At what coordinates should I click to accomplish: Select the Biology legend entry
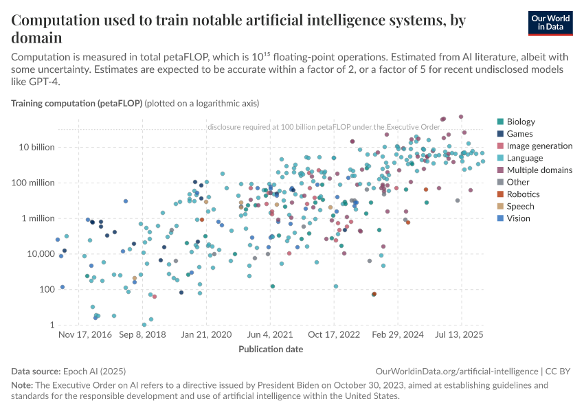click(x=521, y=122)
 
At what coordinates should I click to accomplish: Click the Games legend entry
click(x=519, y=134)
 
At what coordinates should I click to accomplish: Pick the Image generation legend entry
click(x=539, y=146)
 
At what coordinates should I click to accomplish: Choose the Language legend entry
click(x=525, y=158)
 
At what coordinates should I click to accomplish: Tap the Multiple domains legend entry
click(x=539, y=170)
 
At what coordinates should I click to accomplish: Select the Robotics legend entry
click(x=524, y=194)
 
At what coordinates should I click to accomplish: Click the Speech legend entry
click(x=520, y=206)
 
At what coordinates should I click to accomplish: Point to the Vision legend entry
click(x=519, y=218)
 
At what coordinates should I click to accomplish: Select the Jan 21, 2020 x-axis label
click(x=206, y=334)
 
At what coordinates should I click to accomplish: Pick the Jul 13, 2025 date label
click(x=461, y=334)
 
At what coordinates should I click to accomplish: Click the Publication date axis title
click(x=271, y=349)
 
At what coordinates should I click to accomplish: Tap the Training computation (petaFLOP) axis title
click(x=76, y=104)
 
